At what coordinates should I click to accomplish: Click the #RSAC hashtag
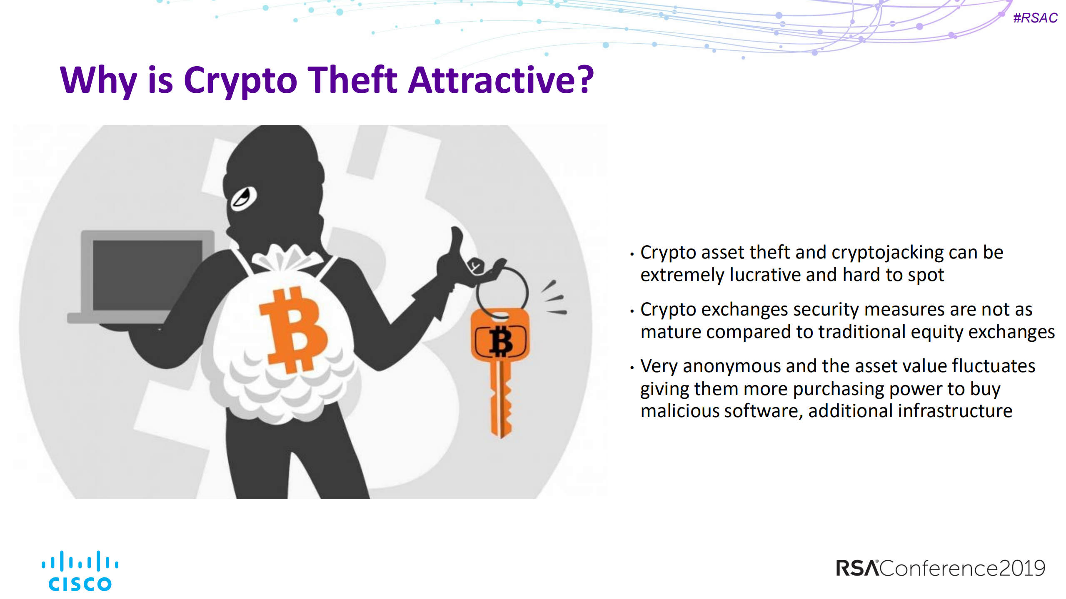[x=1035, y=18]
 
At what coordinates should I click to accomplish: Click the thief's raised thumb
[x=456, y=239]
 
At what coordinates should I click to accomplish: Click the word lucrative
[x=765, y=275]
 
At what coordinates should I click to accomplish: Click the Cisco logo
[x=80, y=571]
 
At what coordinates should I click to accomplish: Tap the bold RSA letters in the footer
[x=857, y=568]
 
